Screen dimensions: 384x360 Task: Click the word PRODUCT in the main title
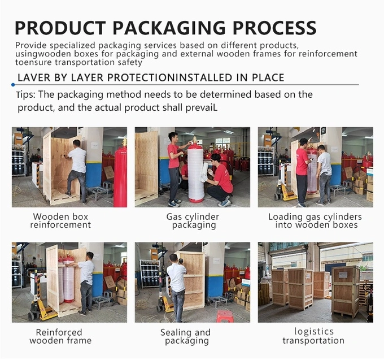coord(60,28)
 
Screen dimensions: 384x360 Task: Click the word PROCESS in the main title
coord(274,28)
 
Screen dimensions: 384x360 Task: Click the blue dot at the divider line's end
coord(13,85)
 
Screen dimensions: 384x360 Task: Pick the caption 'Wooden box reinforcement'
coord(60,221)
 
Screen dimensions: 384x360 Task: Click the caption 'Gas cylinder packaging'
coord(193,221)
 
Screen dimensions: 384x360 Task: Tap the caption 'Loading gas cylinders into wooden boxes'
coord(315,221)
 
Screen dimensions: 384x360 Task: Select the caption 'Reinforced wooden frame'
coord(60,336)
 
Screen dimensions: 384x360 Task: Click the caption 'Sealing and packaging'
coord(186,336)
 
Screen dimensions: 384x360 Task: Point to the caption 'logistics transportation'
coord(314,336)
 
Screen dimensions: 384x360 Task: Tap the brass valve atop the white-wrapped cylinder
coord(195,141)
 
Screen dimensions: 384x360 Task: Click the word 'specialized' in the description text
coord(74,46)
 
